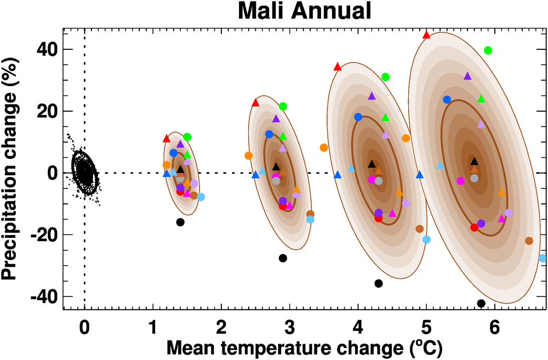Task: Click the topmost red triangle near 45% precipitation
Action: tap(427, 35)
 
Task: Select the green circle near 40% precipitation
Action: tap(488, 50)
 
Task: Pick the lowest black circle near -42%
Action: tap(481, 303)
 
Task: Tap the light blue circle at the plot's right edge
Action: tap(543, 258)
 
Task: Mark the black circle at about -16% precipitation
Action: tap(180, 222)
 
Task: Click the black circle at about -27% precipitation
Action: tap(283, 258)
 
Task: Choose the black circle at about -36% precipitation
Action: tap(378, 283)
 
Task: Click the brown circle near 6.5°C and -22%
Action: tap(529, 241)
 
